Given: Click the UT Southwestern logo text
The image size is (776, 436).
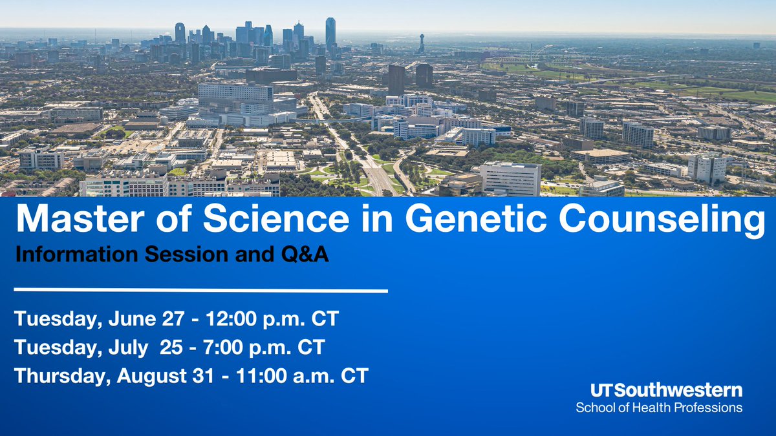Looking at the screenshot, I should tap(666, 390).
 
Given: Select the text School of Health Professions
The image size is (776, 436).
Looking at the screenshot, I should tap(659, 408).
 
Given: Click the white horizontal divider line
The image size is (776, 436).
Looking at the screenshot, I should tap(200, 291).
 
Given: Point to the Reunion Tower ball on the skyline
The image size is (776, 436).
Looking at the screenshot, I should tap(422, 38).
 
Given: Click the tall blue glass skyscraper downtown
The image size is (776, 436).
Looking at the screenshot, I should tap(330, 32).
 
